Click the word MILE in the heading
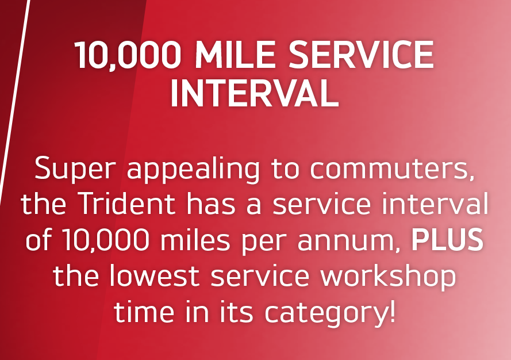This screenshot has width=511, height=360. pyautogui.click(x=235, y=55)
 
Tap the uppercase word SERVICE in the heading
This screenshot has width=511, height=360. pyautogui.click(x=362, y=55)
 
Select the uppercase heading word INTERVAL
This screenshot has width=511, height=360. pyautogui.click(x=255, y=94)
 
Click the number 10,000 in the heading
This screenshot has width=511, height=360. pyautogui.click(x=128, y=55)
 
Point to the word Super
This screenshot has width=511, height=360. pyautogui.click(x=75, y=169)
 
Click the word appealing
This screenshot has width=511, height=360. pyautogui.click(x=194, y=169)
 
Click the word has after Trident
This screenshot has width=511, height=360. pyautogui.click(x=211, y=204)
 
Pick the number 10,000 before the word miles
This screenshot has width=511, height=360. pyautogui.click(x=106, y=240)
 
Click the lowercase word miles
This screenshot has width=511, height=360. pyautogui.click(x=195, y=239)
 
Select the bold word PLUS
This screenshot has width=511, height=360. pyautogui.click(x=447, y=239)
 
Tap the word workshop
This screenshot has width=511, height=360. pyautogui.click(x=388, y=277)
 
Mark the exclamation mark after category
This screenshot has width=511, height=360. pyautogui.click(x=392, y=311)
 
